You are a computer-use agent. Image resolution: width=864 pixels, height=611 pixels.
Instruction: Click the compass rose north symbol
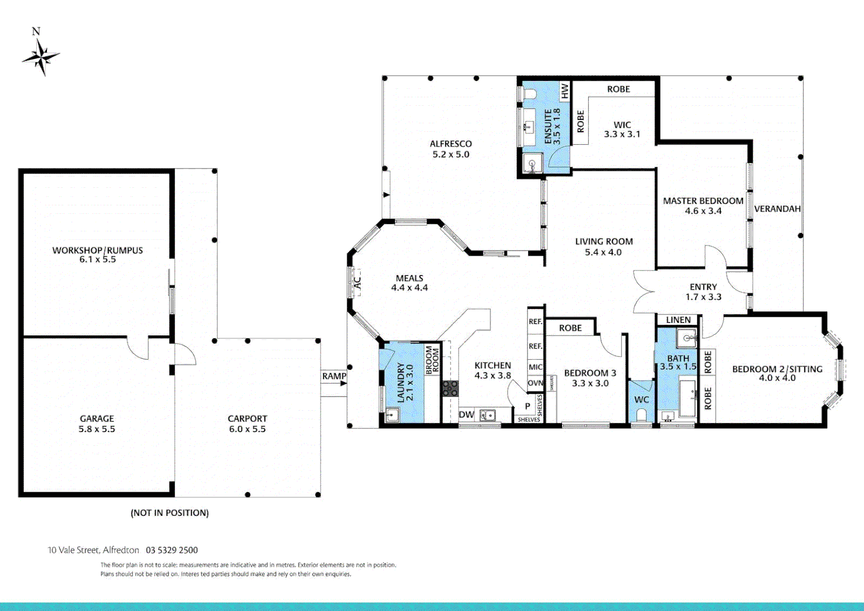point(41,55)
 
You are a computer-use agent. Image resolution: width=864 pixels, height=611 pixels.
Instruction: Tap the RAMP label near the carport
point(334,376)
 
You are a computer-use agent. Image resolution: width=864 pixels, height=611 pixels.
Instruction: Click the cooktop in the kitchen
point(450,388)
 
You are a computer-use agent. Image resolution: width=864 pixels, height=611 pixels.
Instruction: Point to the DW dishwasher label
point(466,415)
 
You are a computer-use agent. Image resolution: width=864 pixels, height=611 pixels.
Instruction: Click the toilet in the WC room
point(641,415)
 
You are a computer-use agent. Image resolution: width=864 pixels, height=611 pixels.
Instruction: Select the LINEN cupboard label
point(678,320)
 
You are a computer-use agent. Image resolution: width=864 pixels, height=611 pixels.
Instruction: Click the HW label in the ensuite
point(564,91)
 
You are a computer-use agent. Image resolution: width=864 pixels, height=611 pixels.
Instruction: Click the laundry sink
point(391,415)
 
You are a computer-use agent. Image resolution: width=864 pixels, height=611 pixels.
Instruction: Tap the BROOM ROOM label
point(433,359)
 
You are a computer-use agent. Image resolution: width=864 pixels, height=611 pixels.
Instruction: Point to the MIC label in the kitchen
point(535,367)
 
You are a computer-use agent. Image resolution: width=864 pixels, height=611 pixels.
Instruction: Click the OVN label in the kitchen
point(535,383)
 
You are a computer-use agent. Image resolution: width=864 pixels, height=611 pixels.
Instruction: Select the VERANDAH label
point(777,209)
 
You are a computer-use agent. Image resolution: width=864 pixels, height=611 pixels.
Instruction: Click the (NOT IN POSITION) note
point(170,513)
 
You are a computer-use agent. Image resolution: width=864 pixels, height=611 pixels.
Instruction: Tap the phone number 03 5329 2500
point(172,550)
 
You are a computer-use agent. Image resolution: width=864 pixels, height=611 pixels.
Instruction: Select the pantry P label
point(528,406)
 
